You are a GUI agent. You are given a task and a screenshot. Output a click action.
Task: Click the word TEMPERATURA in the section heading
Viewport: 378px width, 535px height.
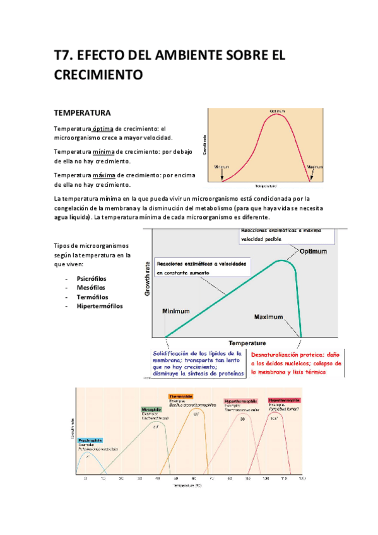pos(83,114)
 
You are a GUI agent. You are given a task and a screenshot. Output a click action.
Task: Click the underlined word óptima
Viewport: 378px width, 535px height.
pos(102,128)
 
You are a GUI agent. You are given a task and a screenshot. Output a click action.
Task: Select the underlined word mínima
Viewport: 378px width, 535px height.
pos(102,152)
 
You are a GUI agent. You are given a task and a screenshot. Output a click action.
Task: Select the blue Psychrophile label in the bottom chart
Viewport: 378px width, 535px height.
pos(92,440)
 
